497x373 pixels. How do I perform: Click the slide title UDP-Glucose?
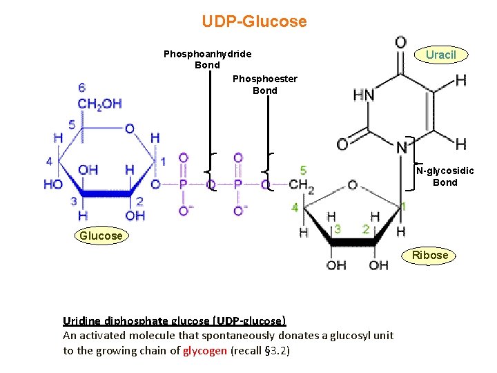click(254, 21)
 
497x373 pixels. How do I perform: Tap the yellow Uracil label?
click(440, 55)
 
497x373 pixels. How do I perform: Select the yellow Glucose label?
click(101, 236)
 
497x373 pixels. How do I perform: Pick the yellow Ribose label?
click(430, 255)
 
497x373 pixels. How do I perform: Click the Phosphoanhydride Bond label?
click(207, 59)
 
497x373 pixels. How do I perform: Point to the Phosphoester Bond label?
click(265, 84)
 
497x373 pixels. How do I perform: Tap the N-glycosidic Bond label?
click(445, 177)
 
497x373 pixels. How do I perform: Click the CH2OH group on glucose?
click(99, 104)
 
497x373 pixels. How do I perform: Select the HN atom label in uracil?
click(364, 95)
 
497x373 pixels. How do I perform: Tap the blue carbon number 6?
click(82, 88)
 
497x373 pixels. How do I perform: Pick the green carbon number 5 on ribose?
click(304, 170)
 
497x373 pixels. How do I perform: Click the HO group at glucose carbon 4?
click(52, 184)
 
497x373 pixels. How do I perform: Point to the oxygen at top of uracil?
click(400, 43)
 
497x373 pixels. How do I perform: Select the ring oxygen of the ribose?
click(352, 185)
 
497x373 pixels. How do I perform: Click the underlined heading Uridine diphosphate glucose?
click(174, 321)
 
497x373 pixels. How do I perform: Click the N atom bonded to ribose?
click(402, 146)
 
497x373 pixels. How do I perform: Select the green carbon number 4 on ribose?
click(295, 207)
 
